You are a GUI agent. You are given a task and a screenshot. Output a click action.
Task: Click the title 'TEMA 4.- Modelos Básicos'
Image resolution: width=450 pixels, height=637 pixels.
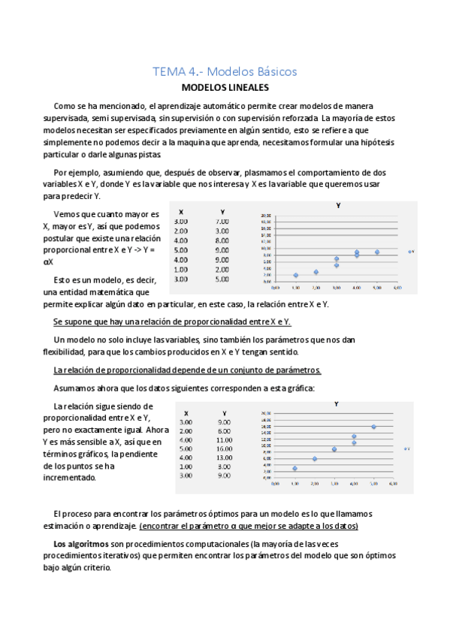point(225,72)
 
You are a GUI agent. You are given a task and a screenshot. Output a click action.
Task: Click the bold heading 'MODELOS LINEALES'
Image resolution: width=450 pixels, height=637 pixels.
point(225,88)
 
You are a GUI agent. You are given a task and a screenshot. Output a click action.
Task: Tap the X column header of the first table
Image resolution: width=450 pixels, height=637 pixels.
point(181,211)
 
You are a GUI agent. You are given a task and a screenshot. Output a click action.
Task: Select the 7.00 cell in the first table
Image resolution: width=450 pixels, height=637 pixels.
point(222,222)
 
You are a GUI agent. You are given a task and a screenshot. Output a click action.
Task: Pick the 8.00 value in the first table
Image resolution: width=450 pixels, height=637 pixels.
point(222,240)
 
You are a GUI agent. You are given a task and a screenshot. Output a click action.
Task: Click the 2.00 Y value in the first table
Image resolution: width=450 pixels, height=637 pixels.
point(222,269)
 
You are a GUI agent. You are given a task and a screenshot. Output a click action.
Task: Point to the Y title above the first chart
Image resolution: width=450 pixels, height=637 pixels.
point(338,205)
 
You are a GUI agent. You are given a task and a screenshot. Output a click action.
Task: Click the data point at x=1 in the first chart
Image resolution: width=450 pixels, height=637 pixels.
point(296,275)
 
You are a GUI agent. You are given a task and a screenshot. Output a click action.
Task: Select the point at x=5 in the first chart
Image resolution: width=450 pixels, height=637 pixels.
point(377,252)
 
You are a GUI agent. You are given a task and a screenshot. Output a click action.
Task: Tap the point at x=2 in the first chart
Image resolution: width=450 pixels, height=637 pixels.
point(316,272)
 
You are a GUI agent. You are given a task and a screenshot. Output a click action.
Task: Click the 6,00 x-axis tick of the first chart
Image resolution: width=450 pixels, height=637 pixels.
point(397,288)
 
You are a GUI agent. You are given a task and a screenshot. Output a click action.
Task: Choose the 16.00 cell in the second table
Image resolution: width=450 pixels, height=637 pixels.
point(224,448)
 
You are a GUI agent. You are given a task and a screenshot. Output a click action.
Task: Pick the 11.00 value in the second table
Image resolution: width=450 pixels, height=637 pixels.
point(224,439)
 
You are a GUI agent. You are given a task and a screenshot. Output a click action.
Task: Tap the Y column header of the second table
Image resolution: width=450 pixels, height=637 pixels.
point(223,413)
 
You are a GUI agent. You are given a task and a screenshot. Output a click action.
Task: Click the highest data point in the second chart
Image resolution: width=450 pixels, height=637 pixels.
point(373,427)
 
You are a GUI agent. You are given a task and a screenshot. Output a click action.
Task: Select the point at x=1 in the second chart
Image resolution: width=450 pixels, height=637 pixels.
point(295,468)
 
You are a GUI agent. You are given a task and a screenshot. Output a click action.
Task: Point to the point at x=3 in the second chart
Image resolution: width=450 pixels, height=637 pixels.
point(334,449)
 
